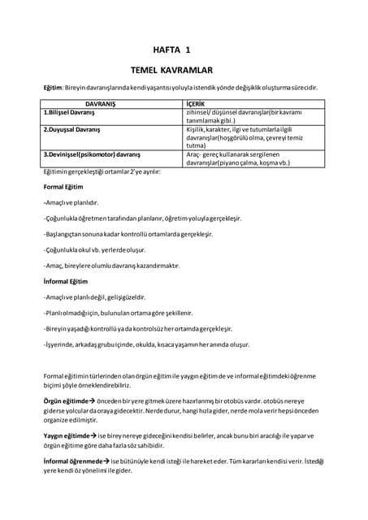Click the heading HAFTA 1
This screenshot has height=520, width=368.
pos(171,50)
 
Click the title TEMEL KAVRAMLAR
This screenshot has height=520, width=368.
pos(171,71)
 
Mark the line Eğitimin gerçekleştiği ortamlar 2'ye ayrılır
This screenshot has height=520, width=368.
pos(102,172)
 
